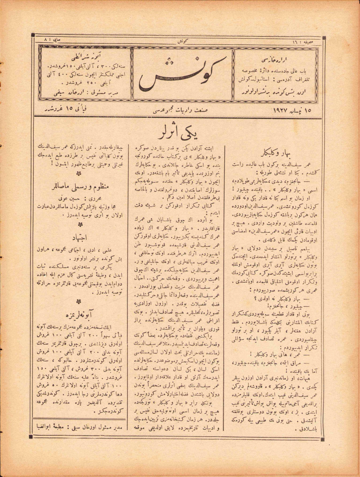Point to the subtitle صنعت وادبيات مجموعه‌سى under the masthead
pyautogui.click(x=180, y=110)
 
